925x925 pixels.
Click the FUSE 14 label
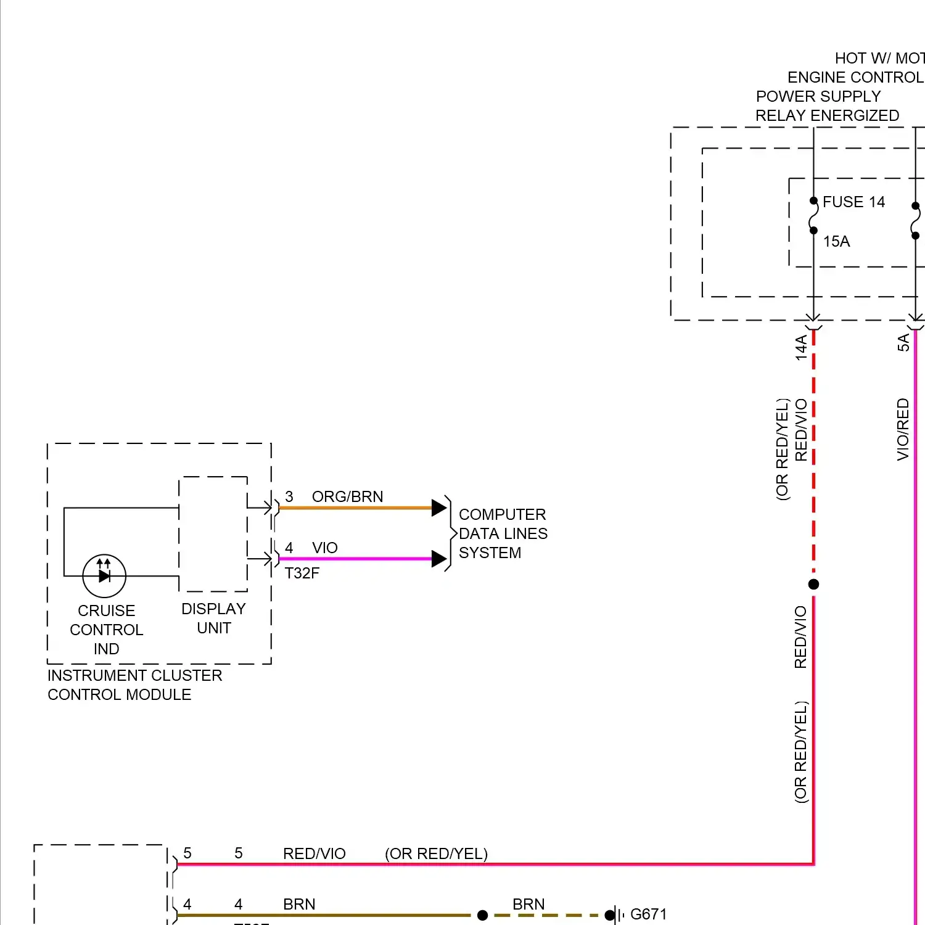pyautogui.click(x=853, y=202)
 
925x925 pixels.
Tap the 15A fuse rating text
pyautogui.click(x=836, y=242)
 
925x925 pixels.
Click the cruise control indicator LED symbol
pyautogui.click(x=104, y=576)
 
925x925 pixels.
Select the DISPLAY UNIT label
pyautogui.click(x=213, y=619)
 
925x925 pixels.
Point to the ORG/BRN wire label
pyautogui.click(x=347, y=497)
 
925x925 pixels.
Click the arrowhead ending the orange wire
pyautogui.click(x=439, y=508)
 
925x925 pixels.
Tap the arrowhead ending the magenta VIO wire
pyautogui.click(x=439, y=559)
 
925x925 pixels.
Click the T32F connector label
pyautogui.click(x=302, y=573)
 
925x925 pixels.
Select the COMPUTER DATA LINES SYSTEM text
pyautogui.click(x=503, y=533)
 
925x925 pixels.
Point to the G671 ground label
pyautogui.click(x=648, y=914)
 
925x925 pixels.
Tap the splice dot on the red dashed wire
pyautogui.click(x=813, y=584)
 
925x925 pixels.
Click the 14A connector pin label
pyautogui.click(x=801, y=347)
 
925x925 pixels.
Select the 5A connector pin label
pyautogui.click(x=903, y=343)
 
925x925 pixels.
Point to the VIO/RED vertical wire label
pyautogui.click(x=903, y=429)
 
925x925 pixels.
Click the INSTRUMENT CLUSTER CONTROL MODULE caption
pyautogui.click(x=134, y=685)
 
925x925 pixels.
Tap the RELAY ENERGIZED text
pyautogui.click(x=827, y=116)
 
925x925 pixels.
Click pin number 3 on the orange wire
pyautogui.click(x=289, y=497)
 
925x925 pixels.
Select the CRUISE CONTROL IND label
pyautogui.click(x=106, y=630)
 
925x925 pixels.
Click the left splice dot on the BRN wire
pyautogui.click(x=483, y=915)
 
